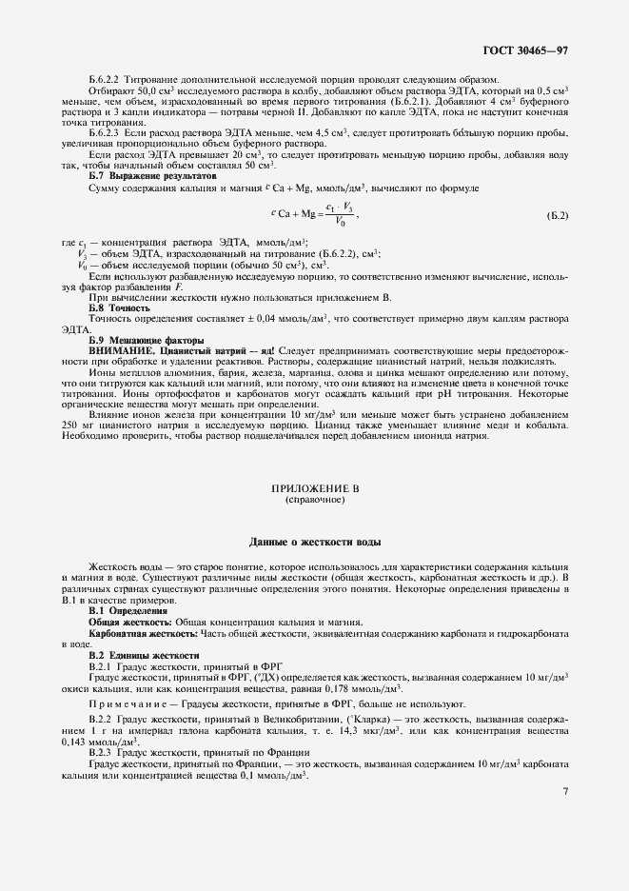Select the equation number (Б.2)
click(558, 216)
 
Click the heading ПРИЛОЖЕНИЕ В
click(314, 486)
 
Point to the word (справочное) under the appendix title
click(314, 498)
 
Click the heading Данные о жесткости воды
click(314, 542)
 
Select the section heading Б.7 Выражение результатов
click(152, 176)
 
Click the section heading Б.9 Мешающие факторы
click(146, 340)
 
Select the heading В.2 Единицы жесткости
click(144, 656)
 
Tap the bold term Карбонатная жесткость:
click(143, 632)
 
